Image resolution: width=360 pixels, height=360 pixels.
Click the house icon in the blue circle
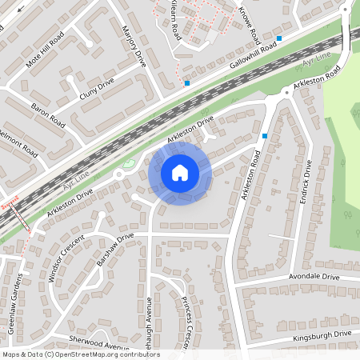(180, 172)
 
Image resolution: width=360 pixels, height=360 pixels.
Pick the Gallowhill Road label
(252, 55)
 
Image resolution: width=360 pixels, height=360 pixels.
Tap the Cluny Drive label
(97, 94)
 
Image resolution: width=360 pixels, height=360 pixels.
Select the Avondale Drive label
(309, 277)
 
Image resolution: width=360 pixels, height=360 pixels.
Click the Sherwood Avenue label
(98, 343)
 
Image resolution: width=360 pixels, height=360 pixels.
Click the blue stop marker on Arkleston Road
(265, 136)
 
